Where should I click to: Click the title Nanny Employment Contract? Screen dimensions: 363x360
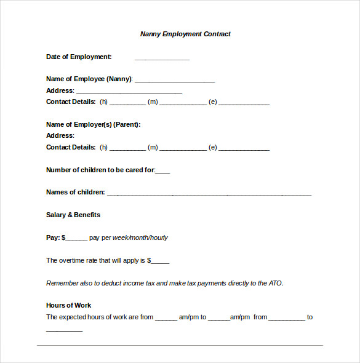(185, 34)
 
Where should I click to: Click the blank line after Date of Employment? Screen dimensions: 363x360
(162, 58)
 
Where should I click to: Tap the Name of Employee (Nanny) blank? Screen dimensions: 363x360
(175, 80)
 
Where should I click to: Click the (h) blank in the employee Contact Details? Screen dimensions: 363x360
(127, 103)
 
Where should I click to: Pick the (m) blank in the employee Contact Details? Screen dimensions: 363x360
(183, 103)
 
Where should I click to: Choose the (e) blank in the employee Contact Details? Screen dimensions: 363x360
(244, 103)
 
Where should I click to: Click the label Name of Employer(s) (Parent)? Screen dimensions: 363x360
(94, 124)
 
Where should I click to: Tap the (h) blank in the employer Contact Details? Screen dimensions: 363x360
(127, 148)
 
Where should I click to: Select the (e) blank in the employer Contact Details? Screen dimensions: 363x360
(244, 148)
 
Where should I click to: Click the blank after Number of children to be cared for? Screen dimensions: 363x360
(163, 171)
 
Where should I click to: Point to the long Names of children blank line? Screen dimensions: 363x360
(209, 194)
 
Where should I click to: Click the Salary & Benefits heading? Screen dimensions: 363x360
(73, 215)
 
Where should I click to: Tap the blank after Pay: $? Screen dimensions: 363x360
(76, 239)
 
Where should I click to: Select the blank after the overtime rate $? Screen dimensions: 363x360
(160, 261)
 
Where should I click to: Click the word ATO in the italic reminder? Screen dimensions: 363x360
(275, 283)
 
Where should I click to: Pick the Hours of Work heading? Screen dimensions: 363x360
(69, 305)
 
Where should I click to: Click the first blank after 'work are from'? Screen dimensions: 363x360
(166, 318)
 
